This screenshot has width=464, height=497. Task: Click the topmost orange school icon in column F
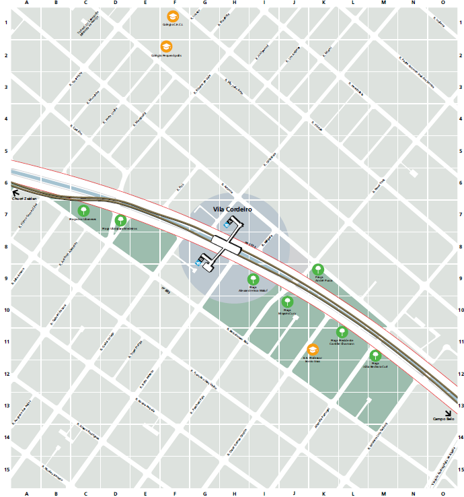point(173,15)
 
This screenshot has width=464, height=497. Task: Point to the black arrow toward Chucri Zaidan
point(15,192)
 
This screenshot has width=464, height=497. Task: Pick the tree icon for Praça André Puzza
point(317,270)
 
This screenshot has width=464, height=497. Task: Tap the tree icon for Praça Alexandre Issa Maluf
point(253,279)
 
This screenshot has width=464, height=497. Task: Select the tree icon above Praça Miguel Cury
point(287,302)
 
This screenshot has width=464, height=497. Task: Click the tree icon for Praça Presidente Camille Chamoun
point(342,331)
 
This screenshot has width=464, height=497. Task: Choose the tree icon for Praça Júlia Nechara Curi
point(375,356)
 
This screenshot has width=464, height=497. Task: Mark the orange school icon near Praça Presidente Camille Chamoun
point(312,350)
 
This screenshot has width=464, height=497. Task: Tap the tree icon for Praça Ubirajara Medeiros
point(120,220)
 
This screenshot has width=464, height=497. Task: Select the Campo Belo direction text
point(444,420)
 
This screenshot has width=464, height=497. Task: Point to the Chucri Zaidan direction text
point(24,199)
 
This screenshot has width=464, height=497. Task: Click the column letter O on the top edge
point(442,3)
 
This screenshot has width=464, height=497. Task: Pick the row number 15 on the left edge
point(6,469)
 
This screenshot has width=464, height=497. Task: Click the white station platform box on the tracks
point(227,244)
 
